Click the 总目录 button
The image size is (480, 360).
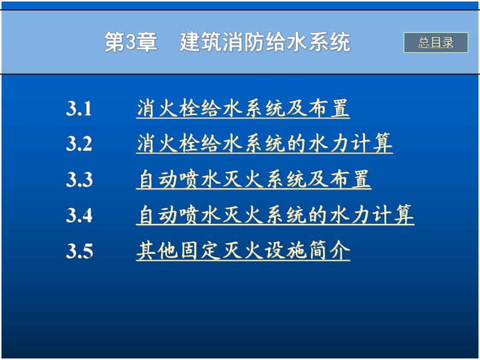click(436, 43)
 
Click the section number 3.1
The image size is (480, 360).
click(79, 109)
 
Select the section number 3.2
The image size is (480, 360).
click(79, 144)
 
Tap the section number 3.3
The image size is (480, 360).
click(79, 180)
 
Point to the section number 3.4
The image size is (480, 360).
click(79, 215)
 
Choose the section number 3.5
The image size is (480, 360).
click(79, 251)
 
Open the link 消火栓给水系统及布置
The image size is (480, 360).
click(243, 109)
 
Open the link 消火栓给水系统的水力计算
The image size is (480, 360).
click(264, 144)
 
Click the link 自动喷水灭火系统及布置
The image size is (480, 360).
click(254, 180)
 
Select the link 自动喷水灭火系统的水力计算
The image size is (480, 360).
click(275, 215)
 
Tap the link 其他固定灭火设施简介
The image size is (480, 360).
click(243, 251)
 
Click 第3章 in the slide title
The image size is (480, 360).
click(130, 43)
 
